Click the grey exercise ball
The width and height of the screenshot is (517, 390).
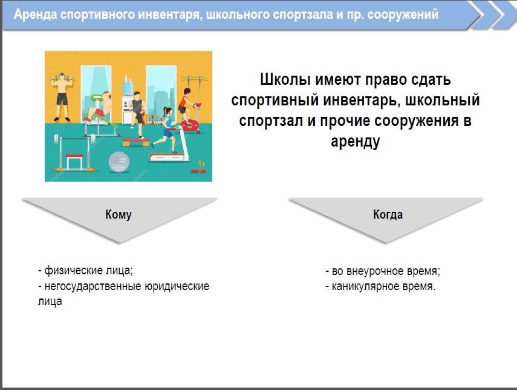pyautogui.click(x=119, y=162)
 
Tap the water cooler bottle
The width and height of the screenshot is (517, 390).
pyautogui.click(x=128, y=85)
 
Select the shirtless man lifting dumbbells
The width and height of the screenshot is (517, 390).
pyautogui.click(x=62, y=96)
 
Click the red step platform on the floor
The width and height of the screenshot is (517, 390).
pyautogui.click(x=136, y=143)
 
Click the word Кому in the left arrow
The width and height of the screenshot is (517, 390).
pyautogui.click(x=119, y=214)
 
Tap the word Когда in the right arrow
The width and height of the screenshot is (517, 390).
pyautogui.click(x=388, y=214)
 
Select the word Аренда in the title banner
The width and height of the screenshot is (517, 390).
pyautogui.click(x=35, y=15)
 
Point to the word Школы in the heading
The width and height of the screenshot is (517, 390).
pyautogui.click(x=285, y=79)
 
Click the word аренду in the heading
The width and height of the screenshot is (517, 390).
pyautogui.click(x=355, y=141)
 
